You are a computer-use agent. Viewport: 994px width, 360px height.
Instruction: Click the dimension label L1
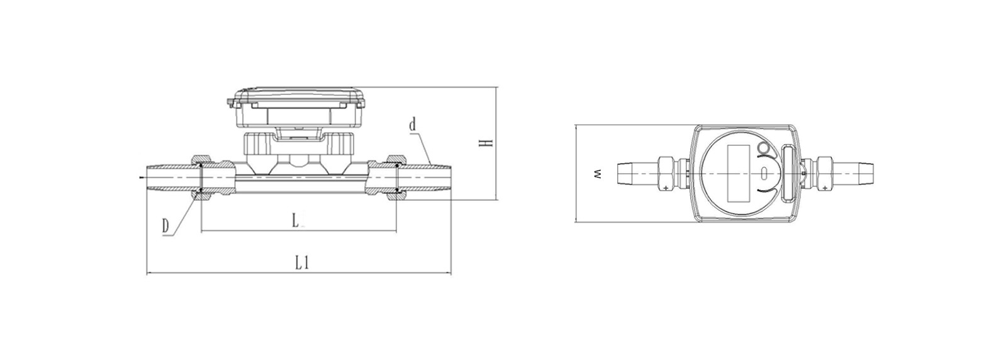tap(301, 262)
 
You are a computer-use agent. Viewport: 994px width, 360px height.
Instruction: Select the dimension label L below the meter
tap(296, 220)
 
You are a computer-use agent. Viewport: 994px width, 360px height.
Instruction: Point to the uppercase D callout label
tap(165, 226)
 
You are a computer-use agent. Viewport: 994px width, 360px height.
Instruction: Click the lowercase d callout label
tap(413, 125)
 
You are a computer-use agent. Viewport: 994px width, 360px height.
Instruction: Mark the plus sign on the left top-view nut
tap(665, 188)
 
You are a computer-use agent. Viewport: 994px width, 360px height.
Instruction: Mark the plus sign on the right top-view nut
tap(825, 188)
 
